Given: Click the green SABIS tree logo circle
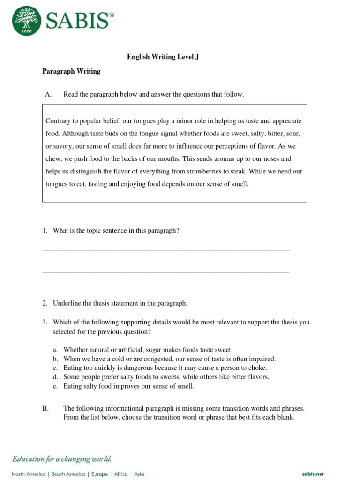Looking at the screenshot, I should coord(27,20).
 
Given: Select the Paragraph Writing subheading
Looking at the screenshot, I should coord(71,72).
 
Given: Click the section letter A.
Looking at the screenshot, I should coord(48,94).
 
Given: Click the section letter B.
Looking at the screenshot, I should coord(45,408).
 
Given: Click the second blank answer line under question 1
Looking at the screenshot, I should coord(165,271).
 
